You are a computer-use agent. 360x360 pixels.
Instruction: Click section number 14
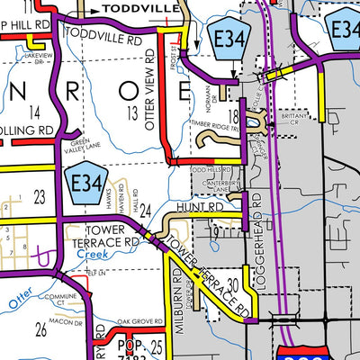pos(35,112)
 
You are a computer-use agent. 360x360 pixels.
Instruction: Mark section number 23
pos(39,194)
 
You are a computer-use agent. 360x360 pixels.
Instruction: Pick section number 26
pos(40,329)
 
